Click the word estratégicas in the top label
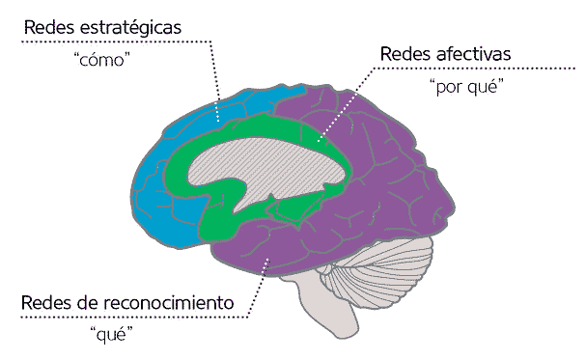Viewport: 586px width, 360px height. [x=130, y=28]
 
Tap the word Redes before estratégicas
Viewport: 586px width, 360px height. [x=49, y=27]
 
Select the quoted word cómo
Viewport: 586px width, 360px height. [x=101, y=60]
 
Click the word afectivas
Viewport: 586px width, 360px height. [x=473, y=53]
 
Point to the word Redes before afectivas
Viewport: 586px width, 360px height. [x=405, y=53]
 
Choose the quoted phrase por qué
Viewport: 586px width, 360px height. [x=466, y=86]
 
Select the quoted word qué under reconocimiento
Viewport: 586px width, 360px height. [x=111, y=334]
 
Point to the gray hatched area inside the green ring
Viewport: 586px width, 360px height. [x=262, y=164]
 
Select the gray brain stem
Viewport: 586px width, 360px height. [x=329, y=306]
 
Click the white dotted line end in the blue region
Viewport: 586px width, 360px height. [x=218, y=121]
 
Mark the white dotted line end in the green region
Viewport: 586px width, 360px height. [x=319, y=141]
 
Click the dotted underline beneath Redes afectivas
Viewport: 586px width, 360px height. [x=474, y=69]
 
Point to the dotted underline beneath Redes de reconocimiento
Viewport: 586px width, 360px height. [x=134, y=318]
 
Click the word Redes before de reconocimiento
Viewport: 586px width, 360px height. [x=46, y=302]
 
